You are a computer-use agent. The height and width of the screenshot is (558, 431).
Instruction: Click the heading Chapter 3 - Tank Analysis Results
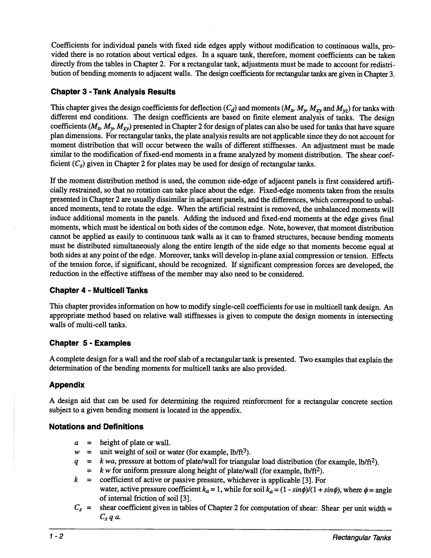pyautogui.click(x=113, y=92)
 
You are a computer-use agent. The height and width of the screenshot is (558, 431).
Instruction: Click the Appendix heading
pyautogui.click(x=67, y=385)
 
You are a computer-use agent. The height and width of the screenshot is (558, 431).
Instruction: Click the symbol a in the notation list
pyautogui.click(x=76, y=443)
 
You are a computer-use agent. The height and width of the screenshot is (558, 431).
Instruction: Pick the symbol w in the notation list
pyautogui.click(x=76, y=452)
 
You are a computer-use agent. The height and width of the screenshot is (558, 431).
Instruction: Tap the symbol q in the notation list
pyautogui.click(x=76, y=462)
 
